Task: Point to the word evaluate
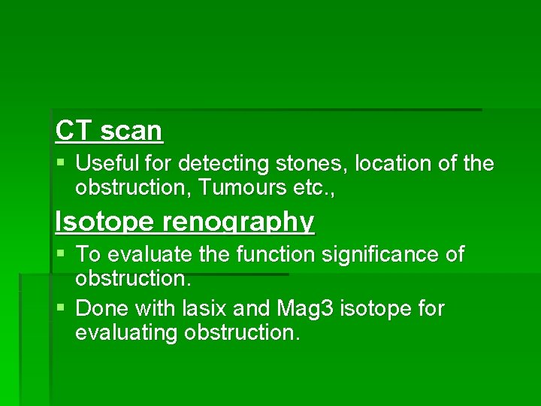pyautogui.click(x=146, y=255)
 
